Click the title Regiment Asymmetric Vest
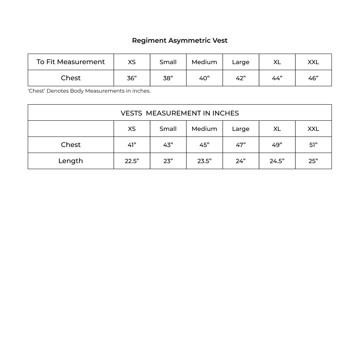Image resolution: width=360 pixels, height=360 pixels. click(180, 40)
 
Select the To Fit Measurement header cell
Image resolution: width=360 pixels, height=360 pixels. click(70, 62)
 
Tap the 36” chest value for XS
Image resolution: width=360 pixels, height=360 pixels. click(132, 78)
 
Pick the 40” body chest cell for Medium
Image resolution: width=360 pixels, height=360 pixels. click(204, 78)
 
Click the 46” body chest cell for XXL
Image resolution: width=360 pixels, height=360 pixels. click(313, 78)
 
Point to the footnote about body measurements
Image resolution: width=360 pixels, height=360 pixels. click(89, 91)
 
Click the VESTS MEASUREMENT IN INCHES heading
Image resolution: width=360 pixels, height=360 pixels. click(180, 113)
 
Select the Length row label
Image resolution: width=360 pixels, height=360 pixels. click(70, 161)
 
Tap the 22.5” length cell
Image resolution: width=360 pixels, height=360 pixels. click(132, 161)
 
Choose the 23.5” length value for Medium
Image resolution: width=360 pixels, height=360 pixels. click(204, 161)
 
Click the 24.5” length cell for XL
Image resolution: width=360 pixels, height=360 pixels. click(277, 161)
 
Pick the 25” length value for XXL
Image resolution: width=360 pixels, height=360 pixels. click(313, 161)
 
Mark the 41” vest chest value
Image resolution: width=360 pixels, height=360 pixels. click(132, 145)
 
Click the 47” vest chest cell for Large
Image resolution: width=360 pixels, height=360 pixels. click(240, 145)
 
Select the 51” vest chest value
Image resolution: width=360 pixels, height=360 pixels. click(313, 145)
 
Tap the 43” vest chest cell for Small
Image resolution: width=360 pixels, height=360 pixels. click(168, 145)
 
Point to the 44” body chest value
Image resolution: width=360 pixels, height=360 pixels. click(277, 78)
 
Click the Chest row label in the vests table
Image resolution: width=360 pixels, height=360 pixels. click(70, 145)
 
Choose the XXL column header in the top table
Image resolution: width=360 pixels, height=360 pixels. click(313, 62)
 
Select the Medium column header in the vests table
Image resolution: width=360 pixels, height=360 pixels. click(204, 129)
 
